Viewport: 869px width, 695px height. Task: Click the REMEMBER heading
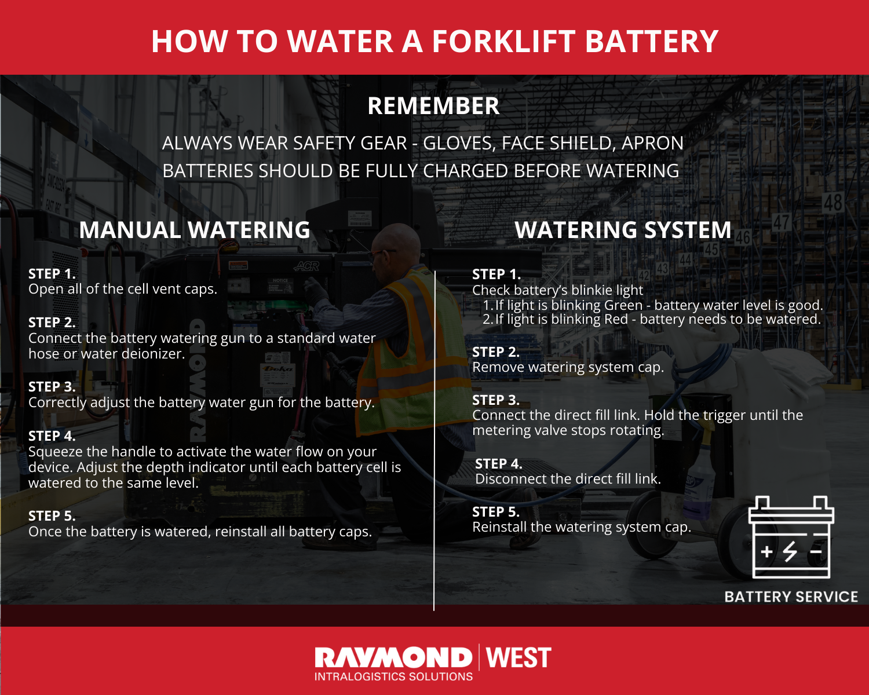pos(433,107)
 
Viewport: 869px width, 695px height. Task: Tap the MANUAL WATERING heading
pos(195,230)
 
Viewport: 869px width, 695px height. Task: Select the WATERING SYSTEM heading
pos(623,230)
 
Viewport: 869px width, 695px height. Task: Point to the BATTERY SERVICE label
pos(791,597)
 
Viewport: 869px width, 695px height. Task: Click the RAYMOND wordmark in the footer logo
pos(393,658)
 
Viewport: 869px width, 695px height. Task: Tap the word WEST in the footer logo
pos(519,658)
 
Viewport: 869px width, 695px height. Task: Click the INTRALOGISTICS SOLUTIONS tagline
pos(393,676)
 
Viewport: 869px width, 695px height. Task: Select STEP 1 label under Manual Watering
pos(52,274)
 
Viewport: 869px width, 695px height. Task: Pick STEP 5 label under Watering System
pos(496,512)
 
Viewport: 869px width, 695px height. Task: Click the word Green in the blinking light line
pos(623,305)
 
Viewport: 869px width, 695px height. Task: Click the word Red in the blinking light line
pos(616,319)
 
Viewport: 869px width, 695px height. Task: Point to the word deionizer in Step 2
pos(152,354)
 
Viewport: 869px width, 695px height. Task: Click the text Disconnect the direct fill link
pos(568,479)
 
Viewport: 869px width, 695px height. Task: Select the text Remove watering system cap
pos(568,367)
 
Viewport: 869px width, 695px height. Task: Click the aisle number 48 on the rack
pos(833,203)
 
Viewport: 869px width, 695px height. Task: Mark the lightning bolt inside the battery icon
pos(790,551)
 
